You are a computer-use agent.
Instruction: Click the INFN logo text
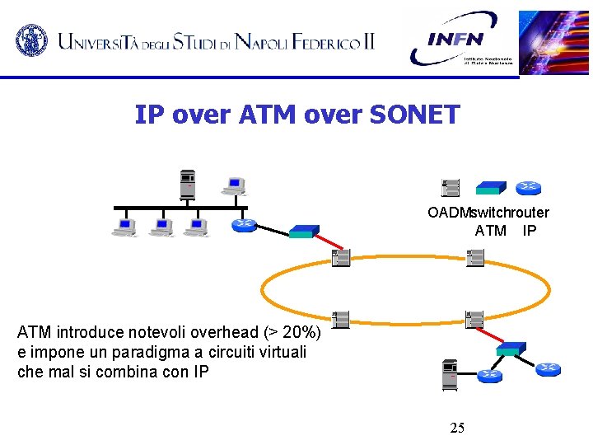pos(455,39)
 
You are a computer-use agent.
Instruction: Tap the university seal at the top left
pos(32,38)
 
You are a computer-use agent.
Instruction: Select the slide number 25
pos(457,427)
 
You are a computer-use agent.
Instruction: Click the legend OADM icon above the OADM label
pos(451,188)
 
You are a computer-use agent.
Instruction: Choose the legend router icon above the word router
pos(529,189)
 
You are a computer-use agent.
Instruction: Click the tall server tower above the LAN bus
pos(189,184)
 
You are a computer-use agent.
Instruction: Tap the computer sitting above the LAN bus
pos(235,186)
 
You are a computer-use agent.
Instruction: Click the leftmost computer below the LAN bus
pos(125,227)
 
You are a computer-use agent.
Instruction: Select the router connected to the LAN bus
pos(243,224)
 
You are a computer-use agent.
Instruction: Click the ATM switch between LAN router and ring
pos(303,231)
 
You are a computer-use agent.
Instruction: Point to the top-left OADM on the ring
pos(340,258)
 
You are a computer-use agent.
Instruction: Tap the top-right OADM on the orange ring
pos(474,258)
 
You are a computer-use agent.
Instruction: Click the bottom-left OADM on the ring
pos(340,319)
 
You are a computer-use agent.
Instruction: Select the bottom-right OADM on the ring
pos(474,318)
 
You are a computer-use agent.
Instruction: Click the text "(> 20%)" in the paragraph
pos(296,333)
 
